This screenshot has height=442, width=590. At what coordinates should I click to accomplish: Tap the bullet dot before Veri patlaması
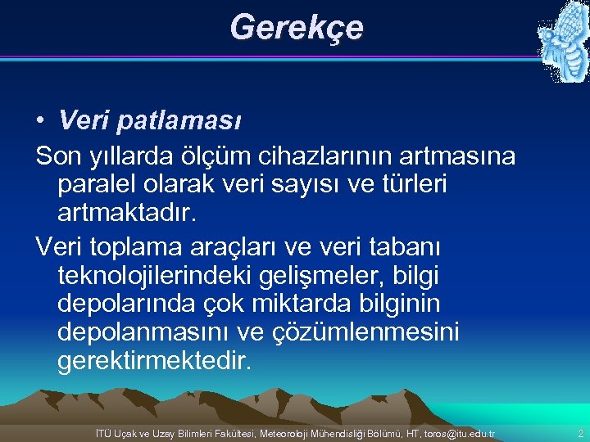coord(40,122)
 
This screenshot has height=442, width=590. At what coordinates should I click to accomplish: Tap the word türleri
coord(410,184)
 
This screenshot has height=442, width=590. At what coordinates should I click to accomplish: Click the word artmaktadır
coord(128,214)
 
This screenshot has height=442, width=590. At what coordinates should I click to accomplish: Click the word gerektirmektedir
coord(152,362)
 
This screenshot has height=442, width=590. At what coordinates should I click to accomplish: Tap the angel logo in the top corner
coord(562,41)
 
